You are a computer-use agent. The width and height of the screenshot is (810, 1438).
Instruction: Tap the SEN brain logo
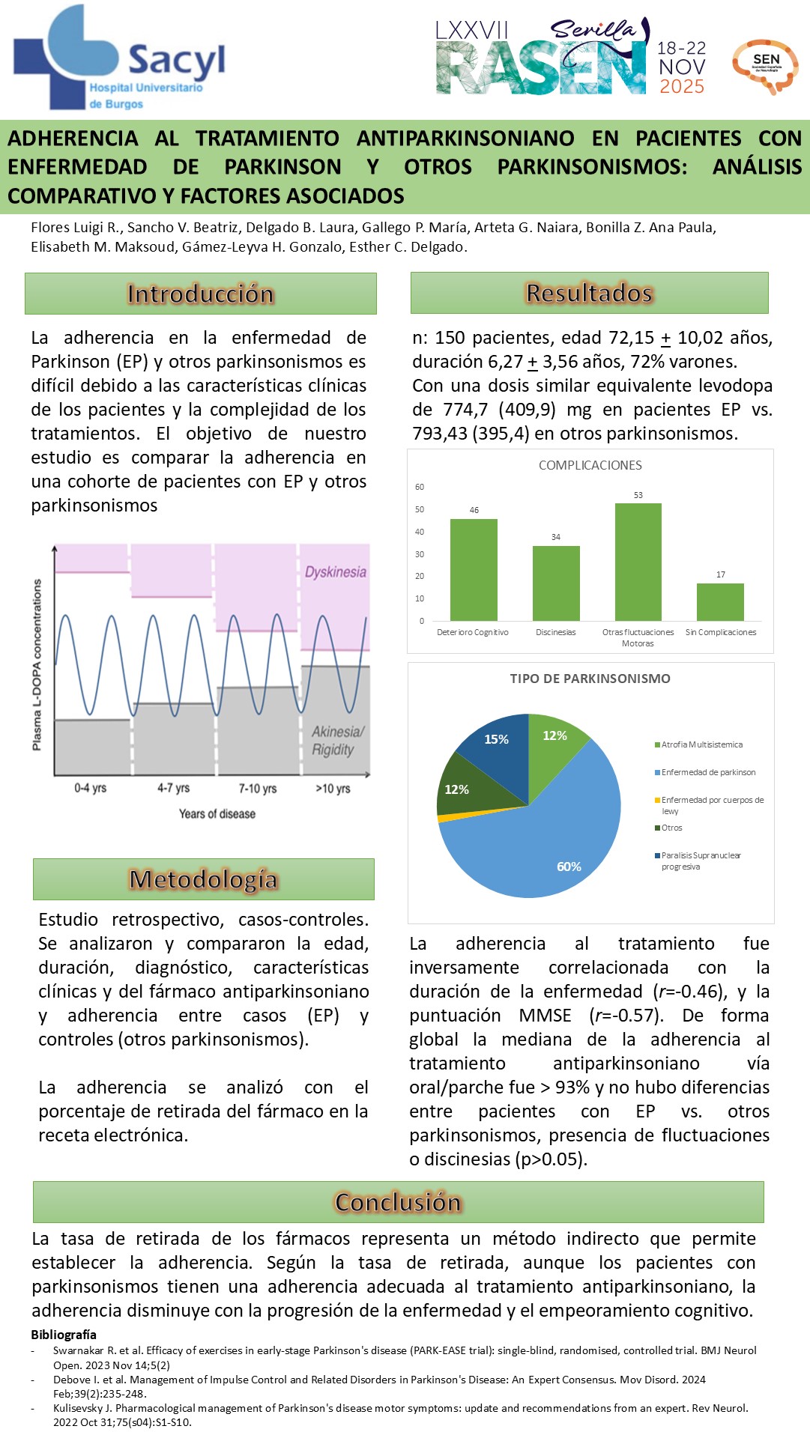click(766, 66)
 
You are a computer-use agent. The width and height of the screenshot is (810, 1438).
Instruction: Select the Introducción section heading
click(200, 294)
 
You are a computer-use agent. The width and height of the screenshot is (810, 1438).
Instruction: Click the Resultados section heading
click(589, 293)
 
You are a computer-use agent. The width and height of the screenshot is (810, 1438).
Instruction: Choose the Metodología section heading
click(203, 879)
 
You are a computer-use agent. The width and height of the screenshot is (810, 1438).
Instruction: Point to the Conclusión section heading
click(398, 1202)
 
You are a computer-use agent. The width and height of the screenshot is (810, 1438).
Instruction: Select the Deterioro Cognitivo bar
click(474, 569)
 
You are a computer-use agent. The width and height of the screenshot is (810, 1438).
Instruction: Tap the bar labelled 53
click(638, 562)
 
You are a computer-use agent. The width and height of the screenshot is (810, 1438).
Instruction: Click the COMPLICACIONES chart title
click(590, 465)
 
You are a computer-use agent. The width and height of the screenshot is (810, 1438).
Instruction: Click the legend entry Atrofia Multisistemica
click(701, 744)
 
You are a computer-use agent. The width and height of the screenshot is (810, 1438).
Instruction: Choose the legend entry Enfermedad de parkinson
click(707, 772)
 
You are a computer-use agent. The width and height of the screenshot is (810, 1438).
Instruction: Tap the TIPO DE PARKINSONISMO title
click(590, 679)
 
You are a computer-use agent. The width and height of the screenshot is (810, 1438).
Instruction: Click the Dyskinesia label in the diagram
click(335, 572)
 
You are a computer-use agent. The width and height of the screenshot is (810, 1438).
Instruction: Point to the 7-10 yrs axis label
click(258, 789)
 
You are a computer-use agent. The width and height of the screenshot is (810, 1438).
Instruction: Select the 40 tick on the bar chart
click(420, 532)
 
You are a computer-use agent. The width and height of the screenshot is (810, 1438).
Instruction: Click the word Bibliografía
click(64, 1335)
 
